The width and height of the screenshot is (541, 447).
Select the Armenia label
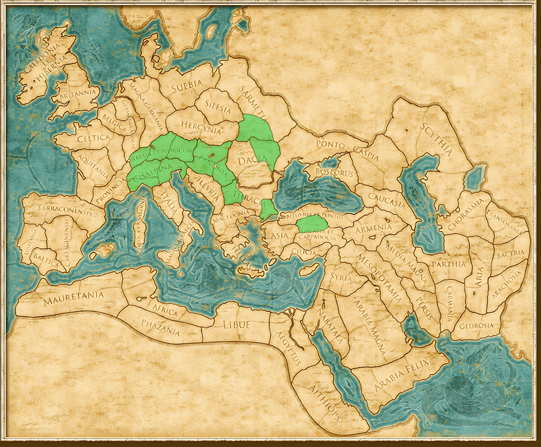tap(374, 228)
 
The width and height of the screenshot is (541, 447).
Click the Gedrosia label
tap(477, 325)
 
